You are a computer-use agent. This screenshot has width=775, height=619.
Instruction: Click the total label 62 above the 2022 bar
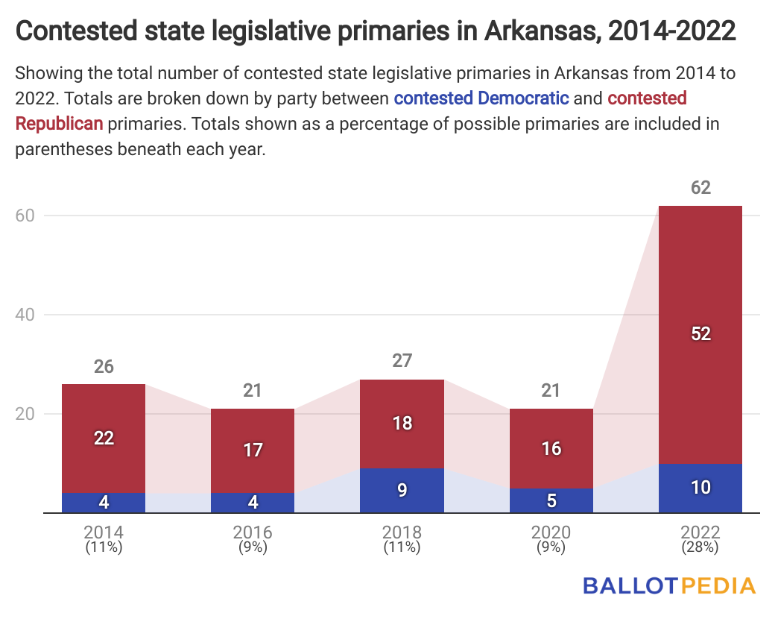click(x=700, y=187)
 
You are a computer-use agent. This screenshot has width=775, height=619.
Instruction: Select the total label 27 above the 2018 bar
click(x=402, y=361)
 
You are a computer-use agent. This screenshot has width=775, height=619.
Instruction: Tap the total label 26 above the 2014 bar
click(x=104, y=366)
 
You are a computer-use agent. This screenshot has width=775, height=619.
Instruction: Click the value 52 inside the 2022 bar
click(x=700, y=334)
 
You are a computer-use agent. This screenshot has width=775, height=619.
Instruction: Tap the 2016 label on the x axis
click(x=253, y=532)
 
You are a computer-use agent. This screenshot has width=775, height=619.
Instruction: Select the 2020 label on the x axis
click(x=551, y=532)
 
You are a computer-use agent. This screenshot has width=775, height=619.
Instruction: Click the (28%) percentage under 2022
click(x=700, y=547)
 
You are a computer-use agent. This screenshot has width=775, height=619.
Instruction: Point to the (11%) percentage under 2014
click(x=104, y=547)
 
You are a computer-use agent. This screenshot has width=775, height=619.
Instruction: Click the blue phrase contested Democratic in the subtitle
click(x=481, y=98)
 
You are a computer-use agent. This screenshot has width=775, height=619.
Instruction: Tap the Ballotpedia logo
click(x=668, y=585)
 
